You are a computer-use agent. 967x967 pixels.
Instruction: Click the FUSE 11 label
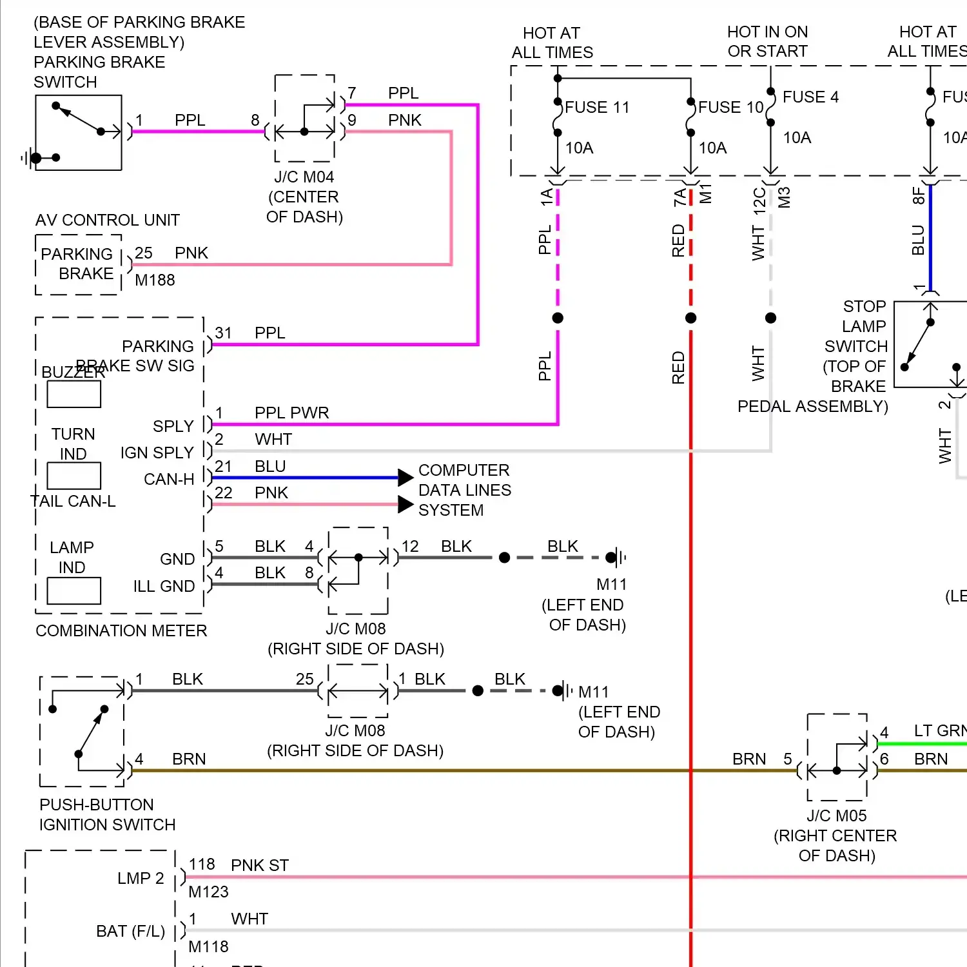tap(597, 107)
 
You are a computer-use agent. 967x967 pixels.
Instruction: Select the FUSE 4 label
tap(810, 97)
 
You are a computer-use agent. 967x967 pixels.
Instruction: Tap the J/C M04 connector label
tap(304, 177)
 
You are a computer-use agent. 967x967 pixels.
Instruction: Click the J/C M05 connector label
tap(836, 816)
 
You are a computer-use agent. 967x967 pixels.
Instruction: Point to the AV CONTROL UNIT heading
tap(108, 220)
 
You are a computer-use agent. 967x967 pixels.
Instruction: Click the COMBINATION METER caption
tap(121, 630)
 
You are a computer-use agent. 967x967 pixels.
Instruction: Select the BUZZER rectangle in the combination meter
tap(74, 394)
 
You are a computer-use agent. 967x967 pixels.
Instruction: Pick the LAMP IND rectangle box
tap(74, 590)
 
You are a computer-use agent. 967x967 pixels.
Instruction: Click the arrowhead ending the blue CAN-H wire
tap(405, 478)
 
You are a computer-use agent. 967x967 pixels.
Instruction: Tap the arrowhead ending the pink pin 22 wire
tap(405, 504)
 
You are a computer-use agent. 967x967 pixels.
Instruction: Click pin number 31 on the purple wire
tap(223, 333)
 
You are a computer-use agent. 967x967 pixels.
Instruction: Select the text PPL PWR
tap(291, 413)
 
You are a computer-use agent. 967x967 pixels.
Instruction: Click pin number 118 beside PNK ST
tap(202, 864)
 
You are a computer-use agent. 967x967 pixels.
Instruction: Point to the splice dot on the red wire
tap(690, 318)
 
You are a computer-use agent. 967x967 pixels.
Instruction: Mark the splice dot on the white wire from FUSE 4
tap(770, 318)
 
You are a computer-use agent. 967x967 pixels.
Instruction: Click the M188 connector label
tap(155, 280)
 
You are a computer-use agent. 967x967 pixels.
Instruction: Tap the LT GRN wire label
tap(940, 730)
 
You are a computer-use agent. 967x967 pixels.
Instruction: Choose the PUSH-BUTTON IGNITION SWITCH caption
tap(107, 814)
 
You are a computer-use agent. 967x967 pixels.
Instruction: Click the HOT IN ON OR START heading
tap(767, 41)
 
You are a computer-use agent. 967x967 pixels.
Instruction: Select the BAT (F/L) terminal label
tap(130, 931)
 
